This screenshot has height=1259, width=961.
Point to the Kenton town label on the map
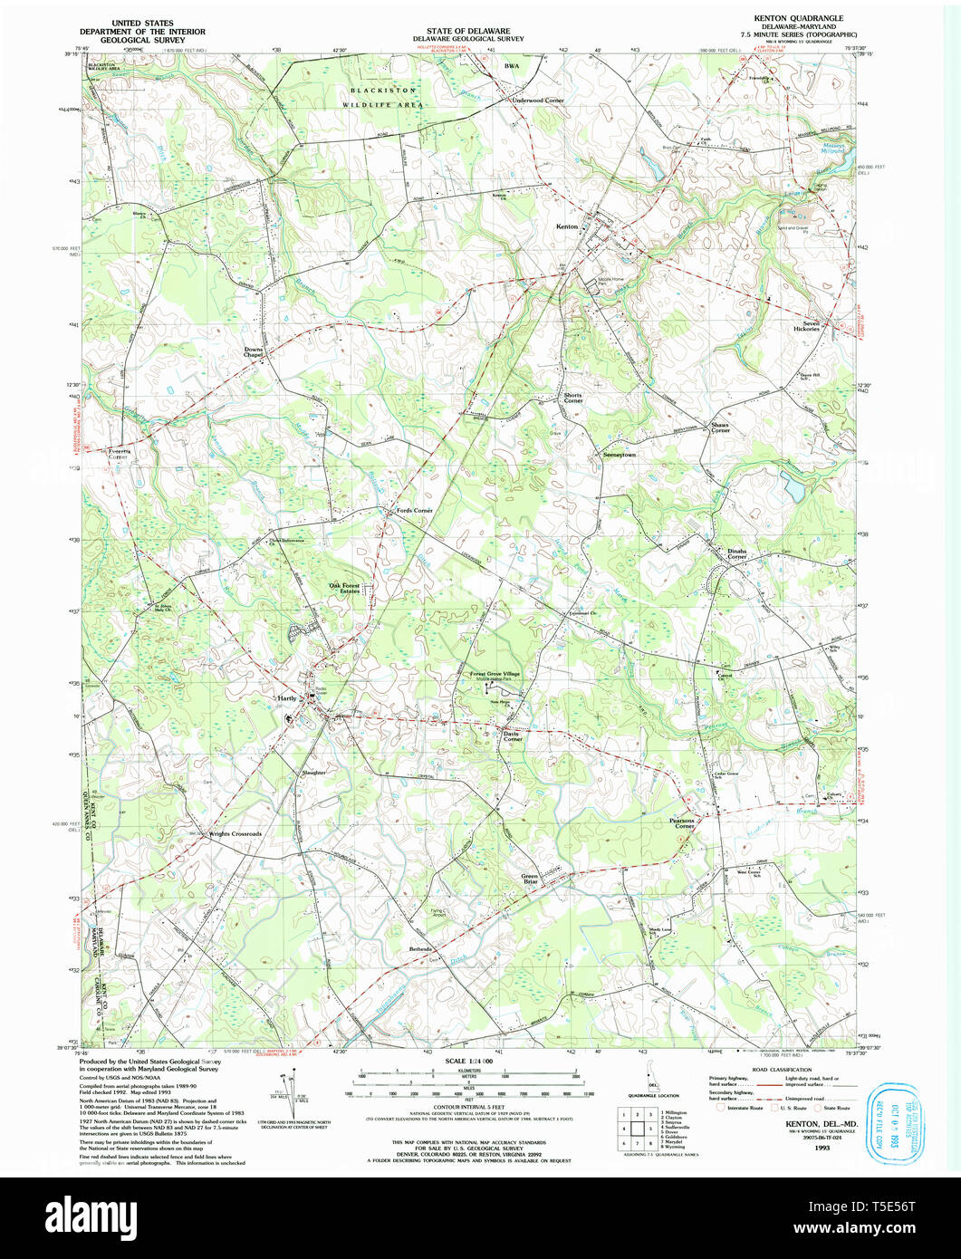pos(567,226)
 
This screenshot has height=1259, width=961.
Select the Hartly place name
pos(286,699)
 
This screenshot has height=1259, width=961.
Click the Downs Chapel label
pos(253,352)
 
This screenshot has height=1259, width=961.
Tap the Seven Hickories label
pos(806,326)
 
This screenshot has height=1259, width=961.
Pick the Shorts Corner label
pos(572,398)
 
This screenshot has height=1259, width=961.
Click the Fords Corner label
pos(415,512)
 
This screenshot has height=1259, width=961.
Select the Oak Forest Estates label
pos(345,589)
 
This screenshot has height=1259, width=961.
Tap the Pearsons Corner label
pos(682,823)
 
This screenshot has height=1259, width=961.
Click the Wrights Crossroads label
pos(235,833)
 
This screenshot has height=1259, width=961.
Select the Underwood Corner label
pos(538,101)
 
